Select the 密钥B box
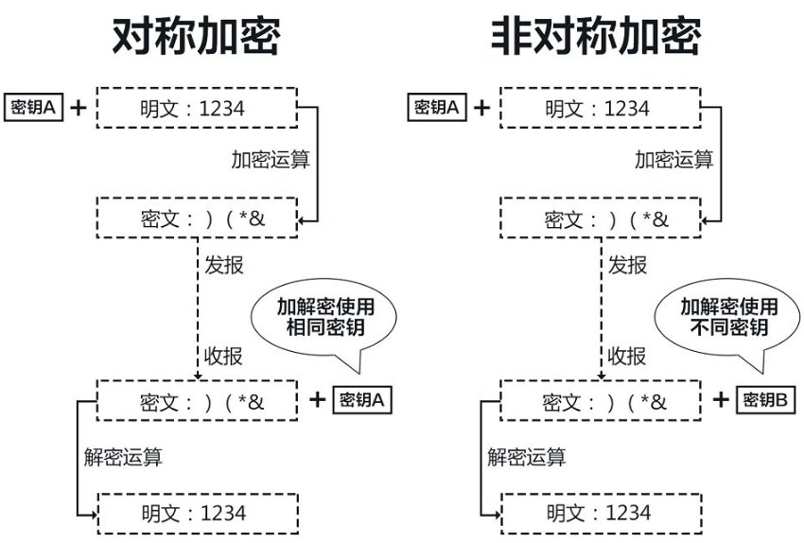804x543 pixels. coord(768,399)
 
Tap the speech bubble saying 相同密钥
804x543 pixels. coord(322,317)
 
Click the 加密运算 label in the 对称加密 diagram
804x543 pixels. coord(271,159)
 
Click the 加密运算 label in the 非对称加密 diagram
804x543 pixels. coord(673,159)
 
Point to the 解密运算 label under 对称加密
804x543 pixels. coord(123,458)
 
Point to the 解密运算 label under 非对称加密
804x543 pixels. coord(527,458)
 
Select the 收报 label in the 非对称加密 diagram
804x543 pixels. coord(627,357)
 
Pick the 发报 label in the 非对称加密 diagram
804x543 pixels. coord(627,265)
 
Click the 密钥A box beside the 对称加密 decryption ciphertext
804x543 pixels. coord(364,399)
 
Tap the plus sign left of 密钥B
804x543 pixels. coord(721,399)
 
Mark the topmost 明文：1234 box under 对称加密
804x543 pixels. coord(198,109)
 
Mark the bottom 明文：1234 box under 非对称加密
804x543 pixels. coord(602,513)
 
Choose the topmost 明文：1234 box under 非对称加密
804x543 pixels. coord(602,109)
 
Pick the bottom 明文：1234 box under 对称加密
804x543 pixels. coord(198,513)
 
